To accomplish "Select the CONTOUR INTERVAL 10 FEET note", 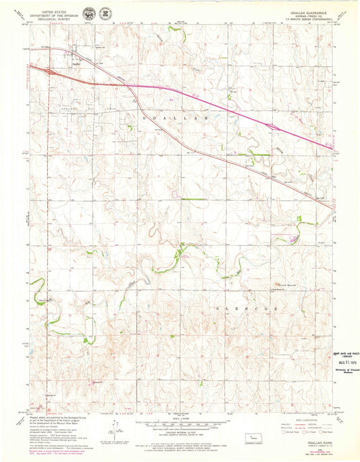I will coord(180,436).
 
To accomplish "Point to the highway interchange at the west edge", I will coord(47,70).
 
